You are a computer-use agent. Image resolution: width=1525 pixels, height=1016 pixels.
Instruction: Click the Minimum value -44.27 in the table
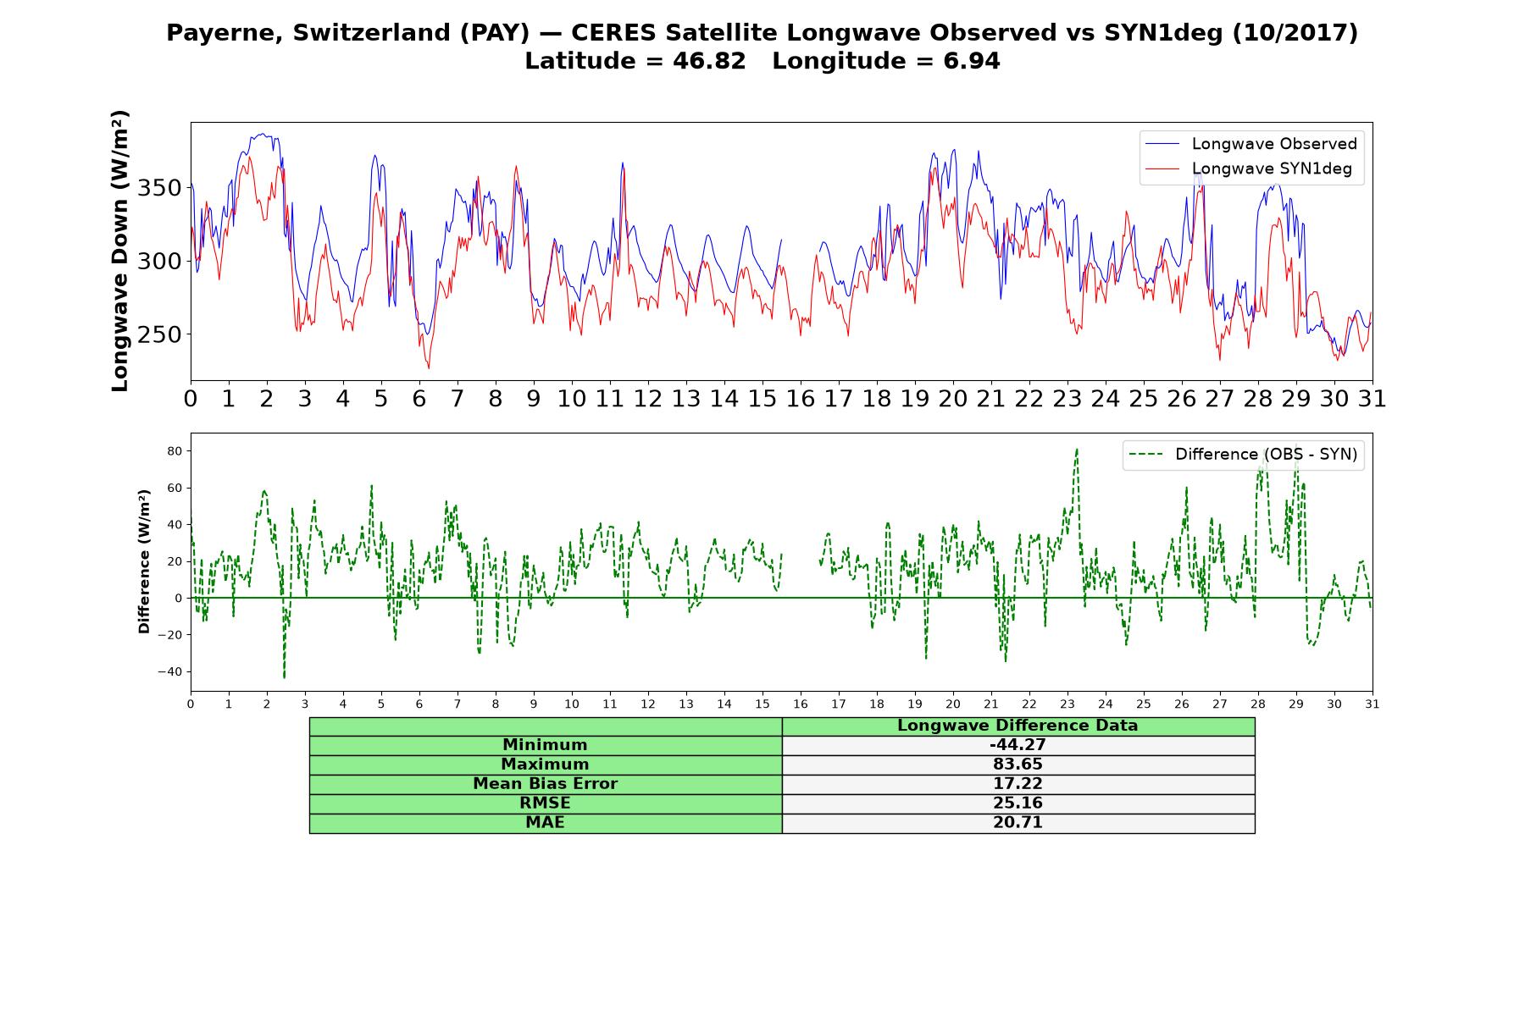click(x=1018, y=745)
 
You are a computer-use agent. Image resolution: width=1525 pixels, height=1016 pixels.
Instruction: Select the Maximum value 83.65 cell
click(x=1018, y=765)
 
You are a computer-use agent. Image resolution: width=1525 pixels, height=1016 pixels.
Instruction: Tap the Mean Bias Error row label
click(x=545, y=784)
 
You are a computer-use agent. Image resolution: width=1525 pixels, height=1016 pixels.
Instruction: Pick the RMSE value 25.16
click(x=1018, y=803)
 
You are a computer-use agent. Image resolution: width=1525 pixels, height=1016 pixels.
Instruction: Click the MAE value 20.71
click(x=1018, y=823)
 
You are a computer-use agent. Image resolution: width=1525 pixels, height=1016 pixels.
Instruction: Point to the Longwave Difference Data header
click(x=1018, y=726)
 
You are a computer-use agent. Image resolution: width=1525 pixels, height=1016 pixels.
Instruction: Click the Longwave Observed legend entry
click(x=1251, y=144)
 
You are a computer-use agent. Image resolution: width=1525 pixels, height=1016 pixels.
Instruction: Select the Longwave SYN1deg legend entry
click(x=1249, y=169)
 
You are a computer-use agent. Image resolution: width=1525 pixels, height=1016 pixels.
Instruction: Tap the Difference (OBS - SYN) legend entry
click(x=1243, y=455)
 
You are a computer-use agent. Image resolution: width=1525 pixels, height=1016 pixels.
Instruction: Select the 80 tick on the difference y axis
click(x=175, y=451)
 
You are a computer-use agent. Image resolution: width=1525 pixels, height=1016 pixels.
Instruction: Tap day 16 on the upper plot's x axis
click(x=801, y=399)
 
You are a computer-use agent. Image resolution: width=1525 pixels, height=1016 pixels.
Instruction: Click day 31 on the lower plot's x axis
click(x=1372, y=704)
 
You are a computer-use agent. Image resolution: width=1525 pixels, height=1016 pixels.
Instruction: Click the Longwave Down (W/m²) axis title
click(x=120, y=251)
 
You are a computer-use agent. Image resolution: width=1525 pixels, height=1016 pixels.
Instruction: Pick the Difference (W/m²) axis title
click(x=144, y=561)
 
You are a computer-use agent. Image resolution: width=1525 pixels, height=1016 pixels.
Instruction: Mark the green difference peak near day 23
click(x=1077, y=450)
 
